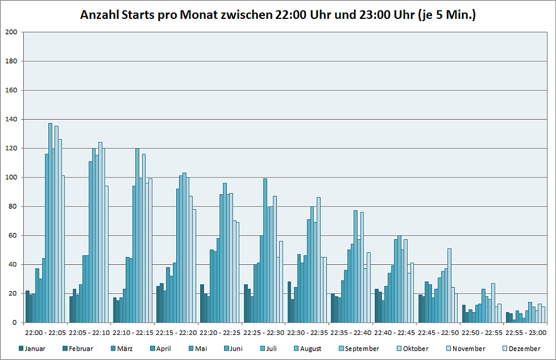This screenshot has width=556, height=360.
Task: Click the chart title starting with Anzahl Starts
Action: tap(277, 15)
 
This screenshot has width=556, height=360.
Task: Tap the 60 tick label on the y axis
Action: tap(14, 235)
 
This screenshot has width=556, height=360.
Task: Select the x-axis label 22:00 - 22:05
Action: tap(45, 333)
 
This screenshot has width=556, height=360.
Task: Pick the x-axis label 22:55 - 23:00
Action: tap(525, 333)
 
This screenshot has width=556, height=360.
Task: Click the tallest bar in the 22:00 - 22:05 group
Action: tap(50, 223)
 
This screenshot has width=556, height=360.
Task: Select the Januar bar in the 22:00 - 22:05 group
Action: tap(27, 307)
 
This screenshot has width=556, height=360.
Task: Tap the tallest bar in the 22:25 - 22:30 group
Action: tap(265, 250)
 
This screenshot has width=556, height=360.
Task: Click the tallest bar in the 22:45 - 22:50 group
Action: tap(449, 285)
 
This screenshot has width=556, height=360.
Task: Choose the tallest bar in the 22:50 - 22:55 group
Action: tap(493, 303)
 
